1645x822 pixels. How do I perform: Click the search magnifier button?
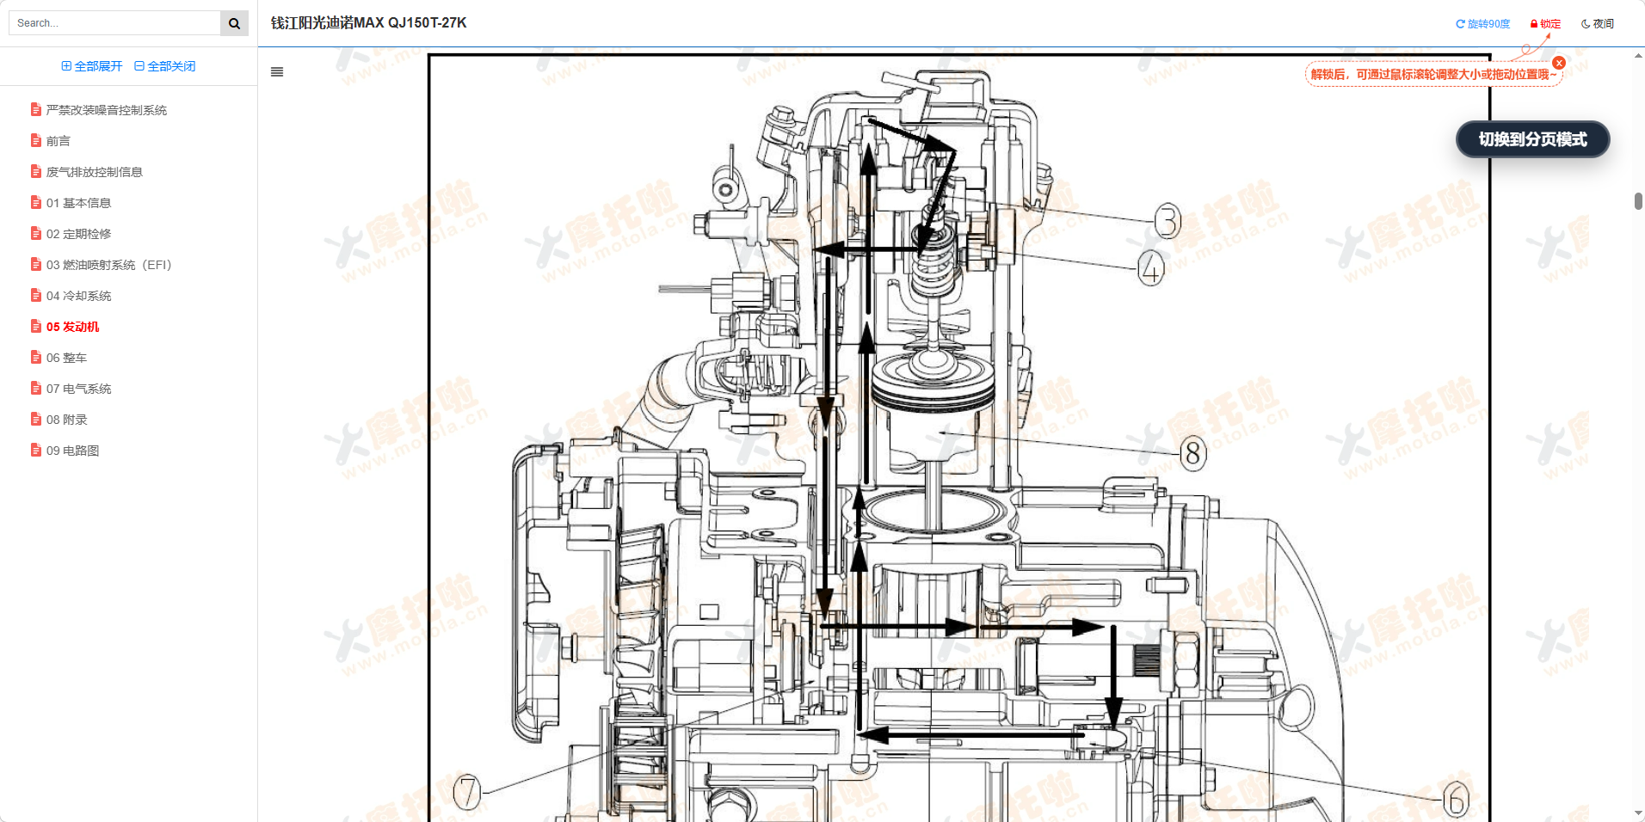coord(234,23)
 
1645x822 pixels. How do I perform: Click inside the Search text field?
coord(114,23)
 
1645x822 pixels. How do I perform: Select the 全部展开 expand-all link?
coord(92,66)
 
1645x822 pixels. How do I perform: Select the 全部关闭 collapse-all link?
coord(165,66)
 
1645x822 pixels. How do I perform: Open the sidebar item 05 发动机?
coord(72,327)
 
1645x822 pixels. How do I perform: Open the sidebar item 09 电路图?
coord(72,451)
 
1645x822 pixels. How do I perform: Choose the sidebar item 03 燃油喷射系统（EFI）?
coord(108,265)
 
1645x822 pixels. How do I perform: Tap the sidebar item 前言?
coord(58,141)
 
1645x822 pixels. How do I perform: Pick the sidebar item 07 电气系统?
coord(78,389)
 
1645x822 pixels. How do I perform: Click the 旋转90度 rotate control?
coord(1483,24)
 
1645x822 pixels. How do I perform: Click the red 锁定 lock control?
coord(1545,24)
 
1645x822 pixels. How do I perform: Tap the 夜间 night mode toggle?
coord(1598,24)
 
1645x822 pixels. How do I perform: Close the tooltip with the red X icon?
coord(1559,63)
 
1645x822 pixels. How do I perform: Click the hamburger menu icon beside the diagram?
coord(277,72)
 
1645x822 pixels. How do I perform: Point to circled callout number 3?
coord(1168,221)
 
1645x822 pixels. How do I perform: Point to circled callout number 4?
coord(1151,268)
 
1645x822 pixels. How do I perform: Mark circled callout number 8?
coord(1192,452)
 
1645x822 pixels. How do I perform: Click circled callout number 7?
coord(467,792)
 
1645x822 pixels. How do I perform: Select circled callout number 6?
coord(1455,801)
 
